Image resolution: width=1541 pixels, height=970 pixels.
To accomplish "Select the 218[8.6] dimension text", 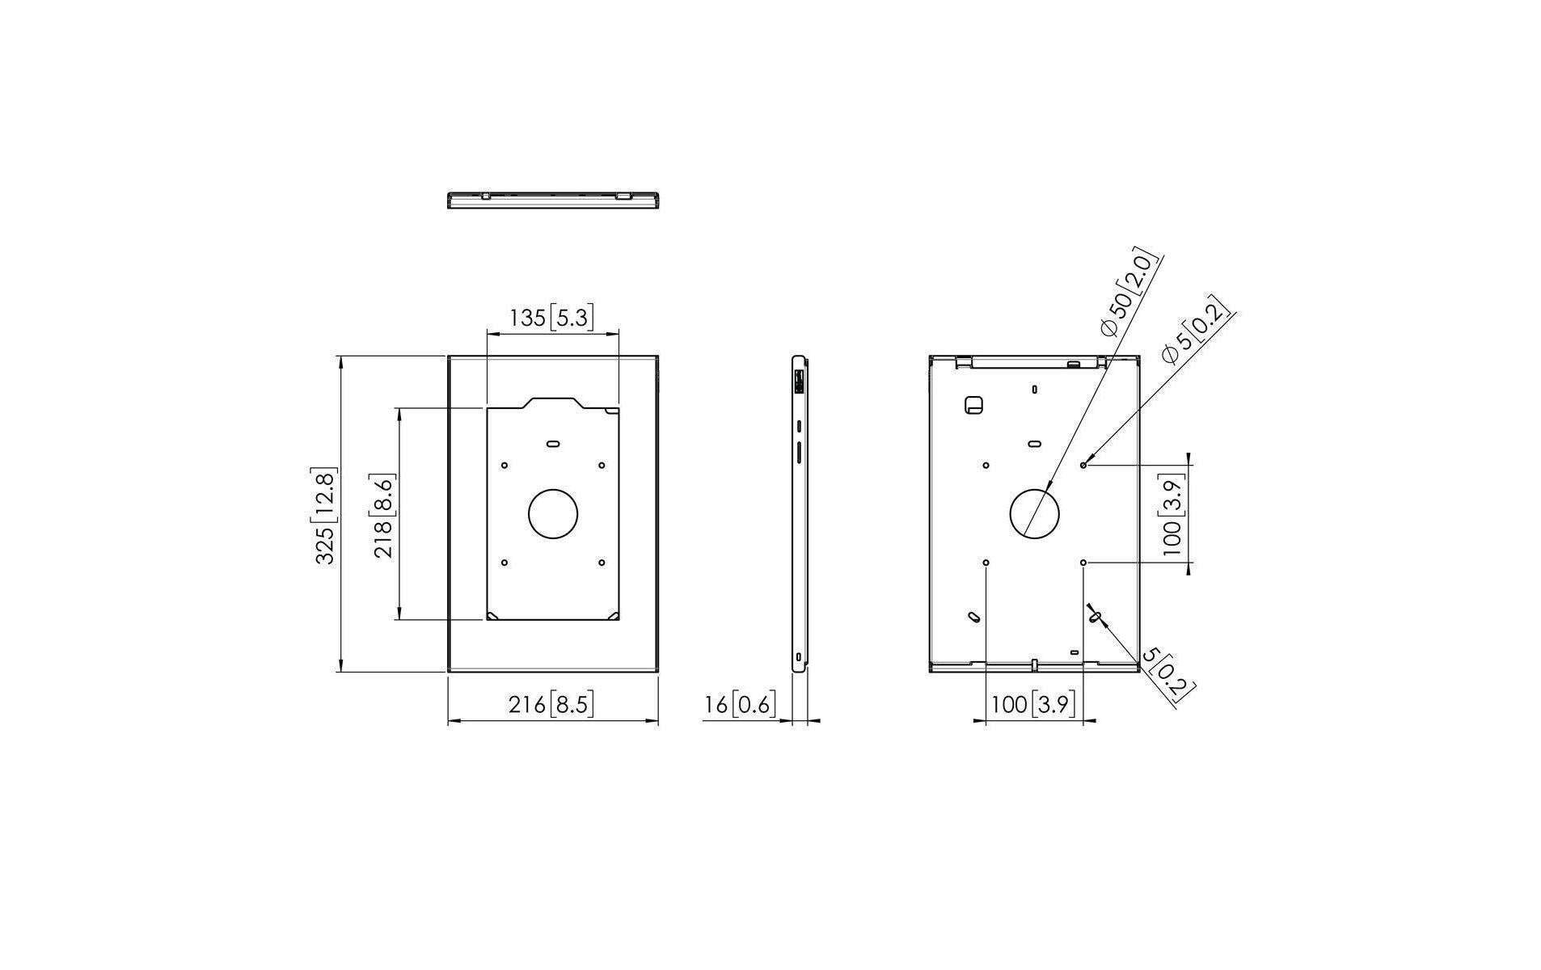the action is tap(383, 517).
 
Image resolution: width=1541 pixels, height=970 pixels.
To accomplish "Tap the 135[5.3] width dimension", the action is tap(551, 318).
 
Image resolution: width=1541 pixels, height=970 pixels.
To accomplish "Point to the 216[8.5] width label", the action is tap(551, 705).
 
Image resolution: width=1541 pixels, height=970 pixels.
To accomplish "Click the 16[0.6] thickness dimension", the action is tap(740, 705).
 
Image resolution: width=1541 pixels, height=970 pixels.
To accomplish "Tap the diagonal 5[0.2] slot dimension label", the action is tap(1169, 676).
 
